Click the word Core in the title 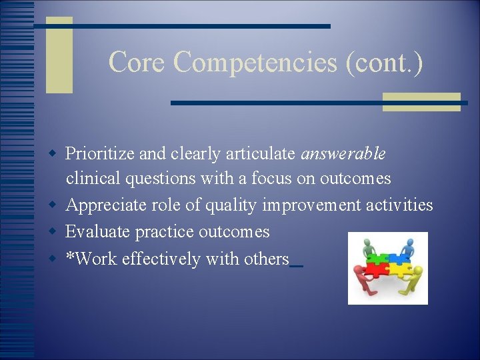pyautogui.click(x=137, y=62)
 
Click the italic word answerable pyautogui.click(x=343, y=154)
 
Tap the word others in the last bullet pyautogui.click(x=267, y=259)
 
